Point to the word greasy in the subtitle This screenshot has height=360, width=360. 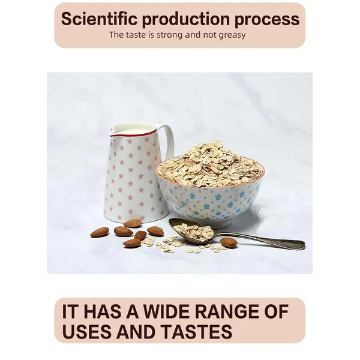click(232, 35)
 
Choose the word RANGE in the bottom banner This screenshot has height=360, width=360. click(227, 312)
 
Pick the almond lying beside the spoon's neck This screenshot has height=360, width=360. click(229, 242)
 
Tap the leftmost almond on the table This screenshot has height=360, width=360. click(100, 232)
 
